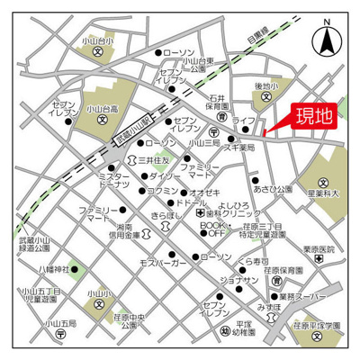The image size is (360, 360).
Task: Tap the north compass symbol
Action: pyautogui.click(x=326, y=38)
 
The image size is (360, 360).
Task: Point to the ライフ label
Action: pyautogui.click(x=244, y=119)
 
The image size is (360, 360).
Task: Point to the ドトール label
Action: pyautogui.click(x=192, y=204)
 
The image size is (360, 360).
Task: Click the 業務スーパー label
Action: pyautogui.click(x=296, y=295)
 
